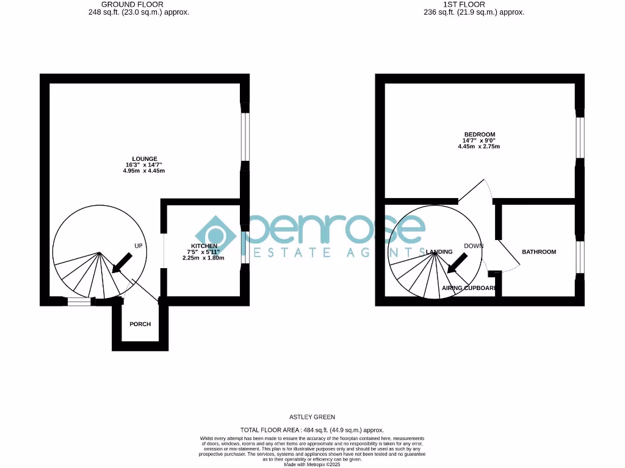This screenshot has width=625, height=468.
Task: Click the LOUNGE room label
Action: pos(143,159)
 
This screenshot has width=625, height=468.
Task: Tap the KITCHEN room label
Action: pos(203,246)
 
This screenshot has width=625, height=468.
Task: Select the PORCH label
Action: pos(140,324)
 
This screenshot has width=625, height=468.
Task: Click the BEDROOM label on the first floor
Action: pos(479,135)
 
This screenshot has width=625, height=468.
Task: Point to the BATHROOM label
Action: pos(538,252)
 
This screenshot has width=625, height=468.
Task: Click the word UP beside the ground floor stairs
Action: pos(139,246)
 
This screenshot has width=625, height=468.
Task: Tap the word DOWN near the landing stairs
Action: pos(474,246)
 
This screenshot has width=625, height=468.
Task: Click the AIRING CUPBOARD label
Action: pos(469,288)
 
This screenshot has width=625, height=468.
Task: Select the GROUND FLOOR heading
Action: pos(132,4)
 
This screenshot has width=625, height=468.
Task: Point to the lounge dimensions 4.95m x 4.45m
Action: pos(143,171)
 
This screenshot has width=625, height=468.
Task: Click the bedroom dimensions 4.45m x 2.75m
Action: pos(479,147)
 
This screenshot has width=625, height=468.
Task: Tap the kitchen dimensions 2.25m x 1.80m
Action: pos(203,258)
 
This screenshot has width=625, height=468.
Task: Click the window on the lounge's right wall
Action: pos(245,137)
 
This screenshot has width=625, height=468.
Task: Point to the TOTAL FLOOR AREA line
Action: pos(312,430)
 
